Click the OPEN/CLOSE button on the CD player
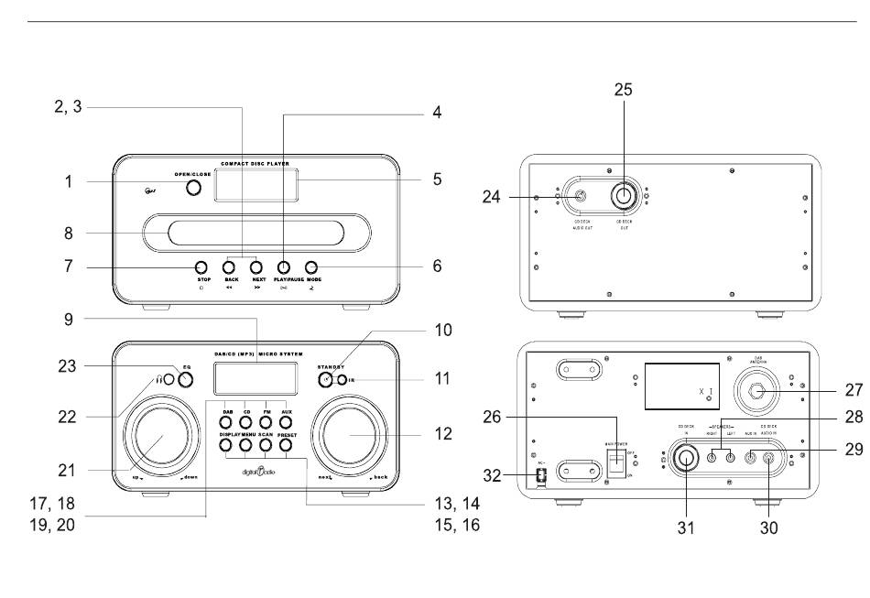193,188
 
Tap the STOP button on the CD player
203,267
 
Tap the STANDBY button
325,379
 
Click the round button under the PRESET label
285,445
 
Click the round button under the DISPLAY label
225,445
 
